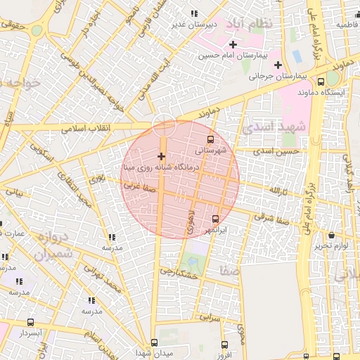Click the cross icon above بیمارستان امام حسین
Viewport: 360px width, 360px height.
pyautogui.click(x=233, y=44)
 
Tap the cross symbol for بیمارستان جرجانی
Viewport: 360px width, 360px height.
pyautogui.click(x=278, y=65)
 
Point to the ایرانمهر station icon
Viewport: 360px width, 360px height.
pyautogui.click(x=215, y=219)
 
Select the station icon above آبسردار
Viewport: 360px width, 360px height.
pyautogui.click(x=30, y=323)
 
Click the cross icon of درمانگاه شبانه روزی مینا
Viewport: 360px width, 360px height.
pyautogui.click(x=161, y=156)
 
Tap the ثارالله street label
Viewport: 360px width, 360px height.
pyautogui.click(x=277, y=191)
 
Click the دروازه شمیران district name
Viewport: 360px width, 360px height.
pyautogui.click(x=51, y=246)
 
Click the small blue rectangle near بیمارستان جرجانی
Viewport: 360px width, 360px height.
pyautogui.click(x=296, y=54)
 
